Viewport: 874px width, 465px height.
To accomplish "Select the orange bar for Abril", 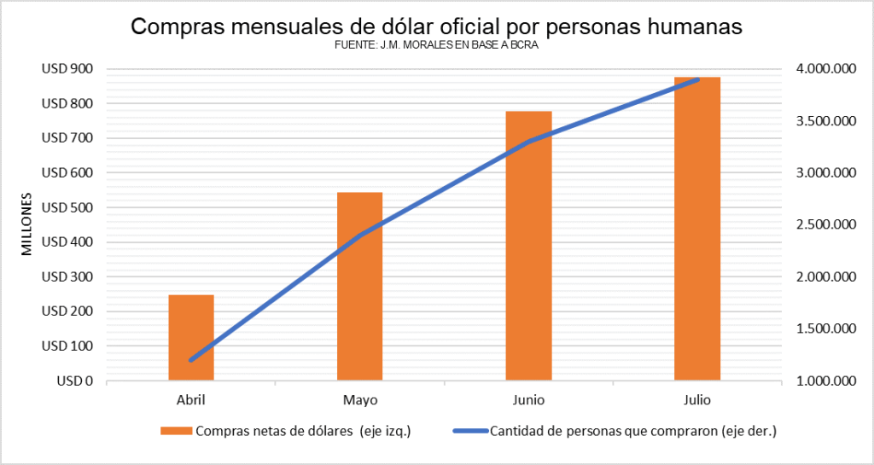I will coord(191,337).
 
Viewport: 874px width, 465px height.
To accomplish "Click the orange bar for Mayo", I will coord(359,286).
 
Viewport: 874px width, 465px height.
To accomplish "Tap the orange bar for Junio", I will coord(528,246).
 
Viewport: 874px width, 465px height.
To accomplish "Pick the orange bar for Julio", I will coord(697,229).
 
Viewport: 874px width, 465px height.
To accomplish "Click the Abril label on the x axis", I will coord(191,399).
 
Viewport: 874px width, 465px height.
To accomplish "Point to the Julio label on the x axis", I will coord(697,399).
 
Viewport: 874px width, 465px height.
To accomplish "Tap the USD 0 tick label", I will coord(75,381).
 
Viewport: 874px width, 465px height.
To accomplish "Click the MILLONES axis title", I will coord(26,225).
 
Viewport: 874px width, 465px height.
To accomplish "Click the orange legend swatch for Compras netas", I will coord(177,431).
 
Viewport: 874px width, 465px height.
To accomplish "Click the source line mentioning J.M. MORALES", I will coord(437,46).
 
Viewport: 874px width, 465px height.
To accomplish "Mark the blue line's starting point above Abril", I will coord(191,360).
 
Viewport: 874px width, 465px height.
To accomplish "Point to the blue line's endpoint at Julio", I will coord(698,79).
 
